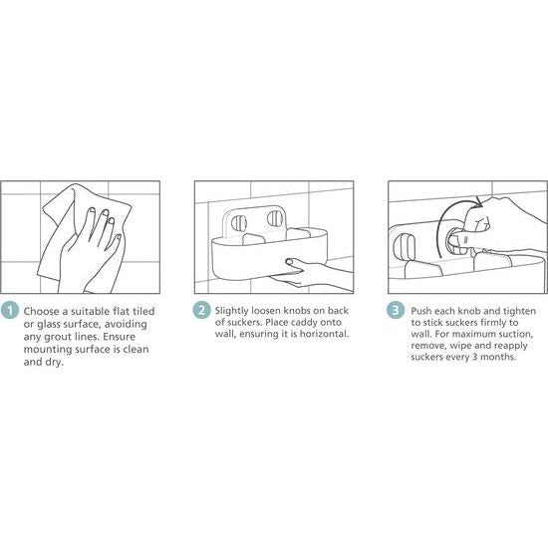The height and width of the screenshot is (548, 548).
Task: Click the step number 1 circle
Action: [x=10, y=310]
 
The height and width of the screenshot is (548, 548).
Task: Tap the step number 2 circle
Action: [x=201, y=310]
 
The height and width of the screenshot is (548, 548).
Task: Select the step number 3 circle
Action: [x=396, y=310]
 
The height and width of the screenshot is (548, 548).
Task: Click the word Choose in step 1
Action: [x=42, y=311]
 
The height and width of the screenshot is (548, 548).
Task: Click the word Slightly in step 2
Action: [x=231, y=311]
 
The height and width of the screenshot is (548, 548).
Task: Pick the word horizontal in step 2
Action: [x=325, y=334]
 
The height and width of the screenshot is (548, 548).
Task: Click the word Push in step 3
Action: [x=421, y=311]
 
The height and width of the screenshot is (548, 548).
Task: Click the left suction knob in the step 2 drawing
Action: [x=239, y=223]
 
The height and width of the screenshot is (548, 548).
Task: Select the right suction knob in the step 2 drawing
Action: [x=274, y=218]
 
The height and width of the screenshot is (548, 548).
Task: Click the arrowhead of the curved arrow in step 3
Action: [x=478, y=202]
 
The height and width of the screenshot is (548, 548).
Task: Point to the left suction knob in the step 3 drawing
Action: [x=406, y=247]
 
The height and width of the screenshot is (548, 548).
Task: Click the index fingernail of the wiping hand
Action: [x=92, y=211]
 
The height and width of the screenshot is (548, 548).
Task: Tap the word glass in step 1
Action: [x=48, y=325]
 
